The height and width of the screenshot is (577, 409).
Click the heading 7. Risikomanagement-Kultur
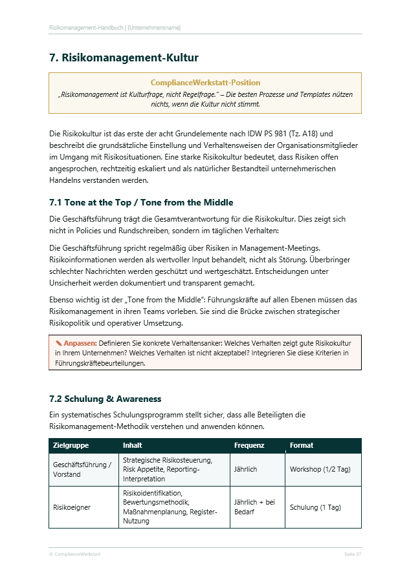(124, 58)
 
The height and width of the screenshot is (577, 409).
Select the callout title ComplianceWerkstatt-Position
(205, 83)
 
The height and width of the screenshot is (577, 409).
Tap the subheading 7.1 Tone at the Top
(141, 202)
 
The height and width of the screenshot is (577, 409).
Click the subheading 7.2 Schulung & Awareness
(105, 399)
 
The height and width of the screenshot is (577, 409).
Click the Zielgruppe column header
(71, 445)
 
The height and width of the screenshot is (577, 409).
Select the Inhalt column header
(132, 445)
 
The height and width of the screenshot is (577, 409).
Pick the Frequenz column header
(249, 445)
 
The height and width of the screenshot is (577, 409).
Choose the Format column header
(302, 445)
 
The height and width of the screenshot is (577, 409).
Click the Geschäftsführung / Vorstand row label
(82, 470)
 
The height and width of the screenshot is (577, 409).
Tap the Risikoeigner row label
(72, 507)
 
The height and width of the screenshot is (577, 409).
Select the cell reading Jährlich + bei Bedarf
(254, 507)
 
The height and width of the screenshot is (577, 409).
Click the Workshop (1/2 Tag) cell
(321, 469)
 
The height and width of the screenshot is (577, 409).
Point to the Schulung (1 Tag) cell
(315, 507)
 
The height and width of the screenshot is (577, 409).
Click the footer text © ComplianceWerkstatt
(74, 554)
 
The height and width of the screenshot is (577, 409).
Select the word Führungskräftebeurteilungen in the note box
(100, 363)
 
